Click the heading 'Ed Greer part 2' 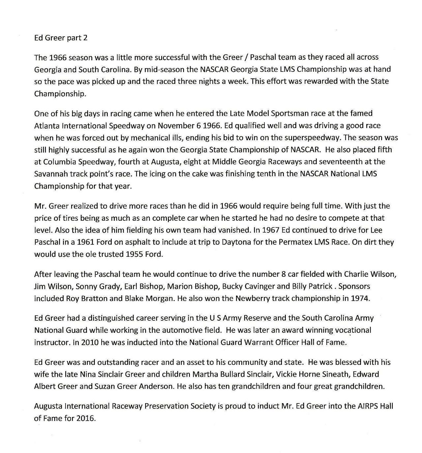pyautogui.click(x=61, y=38)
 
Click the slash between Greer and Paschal pyautogui.click(x=246, y=57)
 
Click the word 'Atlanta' pyautogui.click(x=46, y=125)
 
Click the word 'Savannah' pyautogui.click(x=50, y=174)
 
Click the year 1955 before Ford pyautogui.click(x=135, y=254)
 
